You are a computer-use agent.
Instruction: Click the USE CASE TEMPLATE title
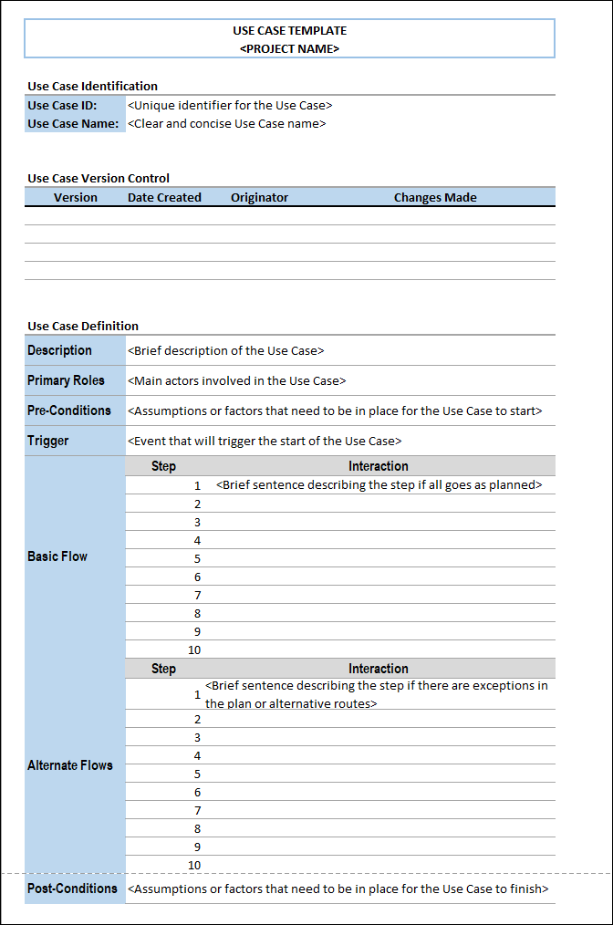tap(289, 31)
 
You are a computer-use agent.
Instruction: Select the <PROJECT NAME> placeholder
tap(289, 48)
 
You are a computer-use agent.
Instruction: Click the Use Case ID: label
tap(62, 105)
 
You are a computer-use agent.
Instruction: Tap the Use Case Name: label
tap(73, 123)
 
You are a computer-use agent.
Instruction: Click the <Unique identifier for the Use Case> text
tap(230, 105)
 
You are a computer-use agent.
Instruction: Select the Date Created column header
tap(164, 197)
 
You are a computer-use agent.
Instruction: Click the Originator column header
tap(259, 197)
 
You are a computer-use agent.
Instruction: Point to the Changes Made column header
tap(435, 197)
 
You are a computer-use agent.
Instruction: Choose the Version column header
tap(76, 197)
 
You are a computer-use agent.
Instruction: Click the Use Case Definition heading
tap(83, 326)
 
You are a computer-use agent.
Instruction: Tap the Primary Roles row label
tap(66, 380)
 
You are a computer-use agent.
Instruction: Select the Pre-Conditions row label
tap(69, 411)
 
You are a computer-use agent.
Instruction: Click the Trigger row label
tap(48, 441)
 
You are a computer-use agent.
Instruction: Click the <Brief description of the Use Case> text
tap(226, 350)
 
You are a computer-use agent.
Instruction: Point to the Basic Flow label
tap(57, 556)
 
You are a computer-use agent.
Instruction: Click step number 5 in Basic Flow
tap(197, 558)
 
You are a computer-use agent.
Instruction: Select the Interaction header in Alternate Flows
tap(378, 669)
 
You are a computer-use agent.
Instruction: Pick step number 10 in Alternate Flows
tap(194, 865)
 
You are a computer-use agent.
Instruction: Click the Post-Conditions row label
tap(72, 889)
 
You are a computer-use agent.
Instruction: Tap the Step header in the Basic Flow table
tap(163, 466)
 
